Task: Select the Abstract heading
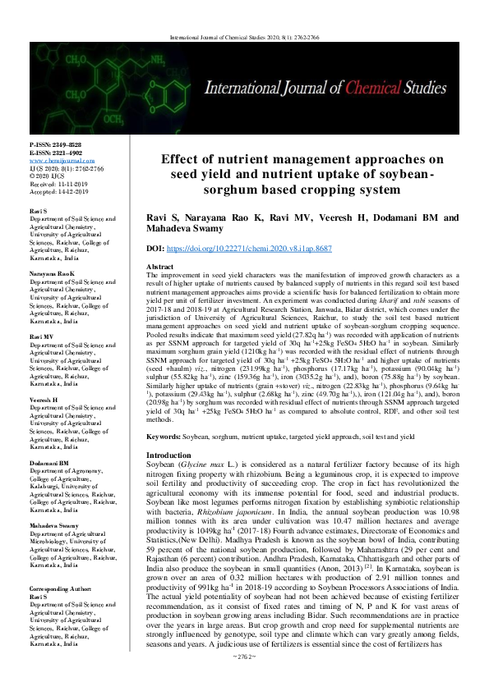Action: click(x=159, y=268)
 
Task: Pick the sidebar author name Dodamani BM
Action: click(x=51, y=462)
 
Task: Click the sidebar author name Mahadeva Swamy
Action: click(x=56, y=523)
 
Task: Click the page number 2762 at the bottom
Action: click(x=245, y=680)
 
